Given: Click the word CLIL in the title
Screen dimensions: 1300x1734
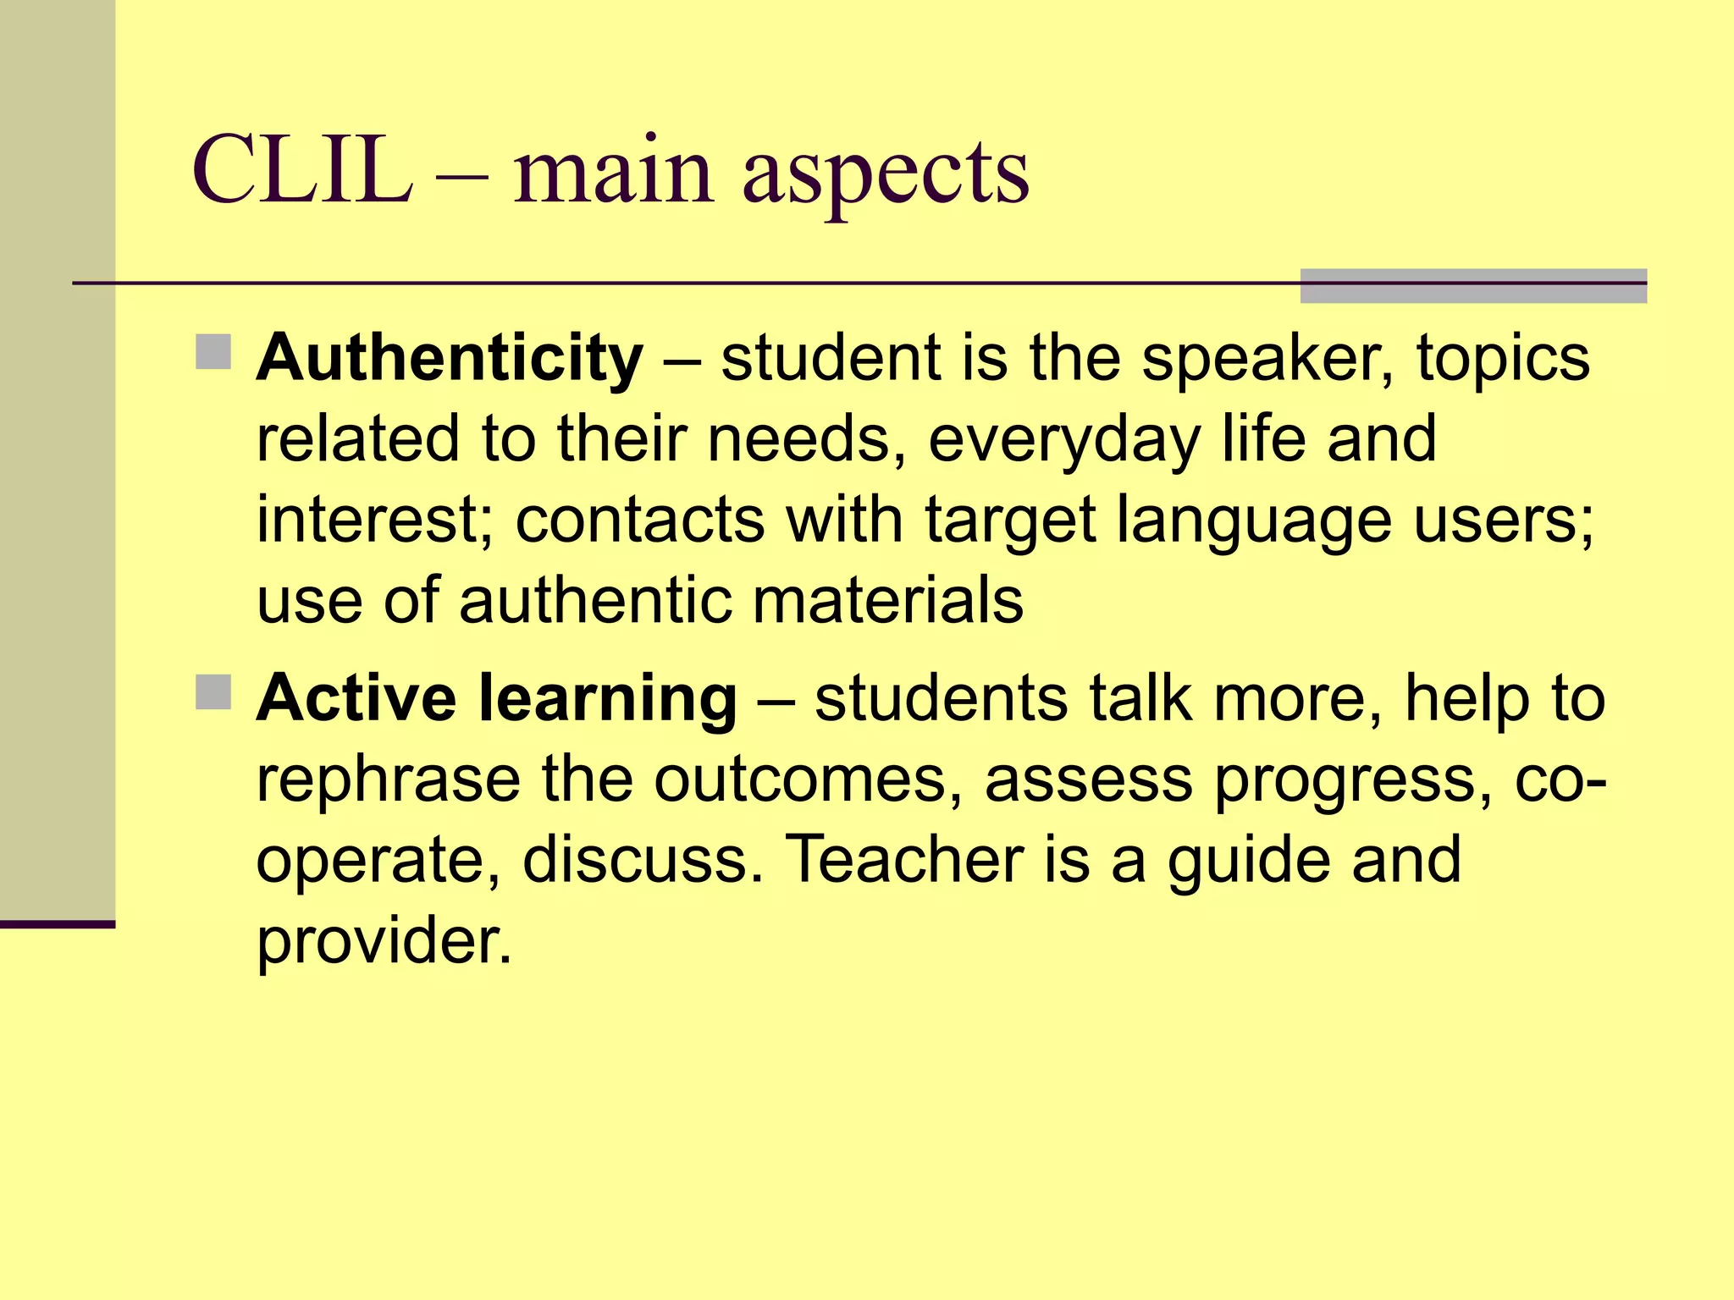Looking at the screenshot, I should click(302, 171).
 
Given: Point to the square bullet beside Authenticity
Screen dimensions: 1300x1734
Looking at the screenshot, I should click(213, 352).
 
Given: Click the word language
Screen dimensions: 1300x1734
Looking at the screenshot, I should click(1254, 521).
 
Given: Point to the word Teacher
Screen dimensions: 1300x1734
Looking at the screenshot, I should click(905, 859).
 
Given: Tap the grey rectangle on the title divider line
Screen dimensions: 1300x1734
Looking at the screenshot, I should click(1472, 285).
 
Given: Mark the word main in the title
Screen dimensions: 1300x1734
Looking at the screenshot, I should click(614, 171).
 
